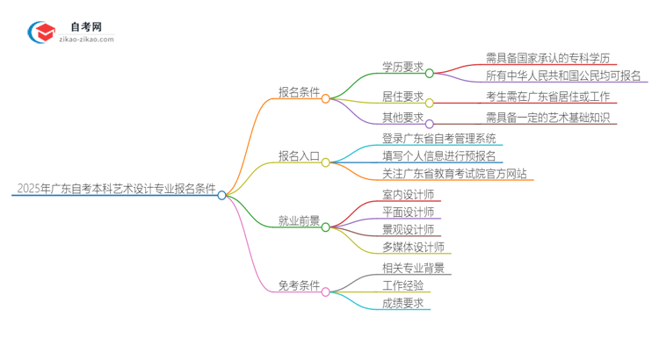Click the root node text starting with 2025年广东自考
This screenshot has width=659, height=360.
115,188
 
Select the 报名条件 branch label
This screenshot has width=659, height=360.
299,91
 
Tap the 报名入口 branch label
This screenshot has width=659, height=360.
299,155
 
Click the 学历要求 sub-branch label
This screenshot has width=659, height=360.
403,67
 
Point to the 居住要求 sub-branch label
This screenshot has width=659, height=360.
403,97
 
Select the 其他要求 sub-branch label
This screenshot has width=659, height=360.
403,118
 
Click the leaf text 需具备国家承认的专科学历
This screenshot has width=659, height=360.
547,58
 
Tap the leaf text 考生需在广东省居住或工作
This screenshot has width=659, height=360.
547,97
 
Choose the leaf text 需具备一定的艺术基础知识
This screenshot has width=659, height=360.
547,118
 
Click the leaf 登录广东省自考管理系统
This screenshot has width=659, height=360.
439,139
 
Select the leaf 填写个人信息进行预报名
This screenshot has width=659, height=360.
439,156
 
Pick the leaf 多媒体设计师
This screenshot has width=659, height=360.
413,247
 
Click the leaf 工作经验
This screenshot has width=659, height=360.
402,285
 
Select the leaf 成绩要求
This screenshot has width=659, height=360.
402,303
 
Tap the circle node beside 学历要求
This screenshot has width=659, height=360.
430,74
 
